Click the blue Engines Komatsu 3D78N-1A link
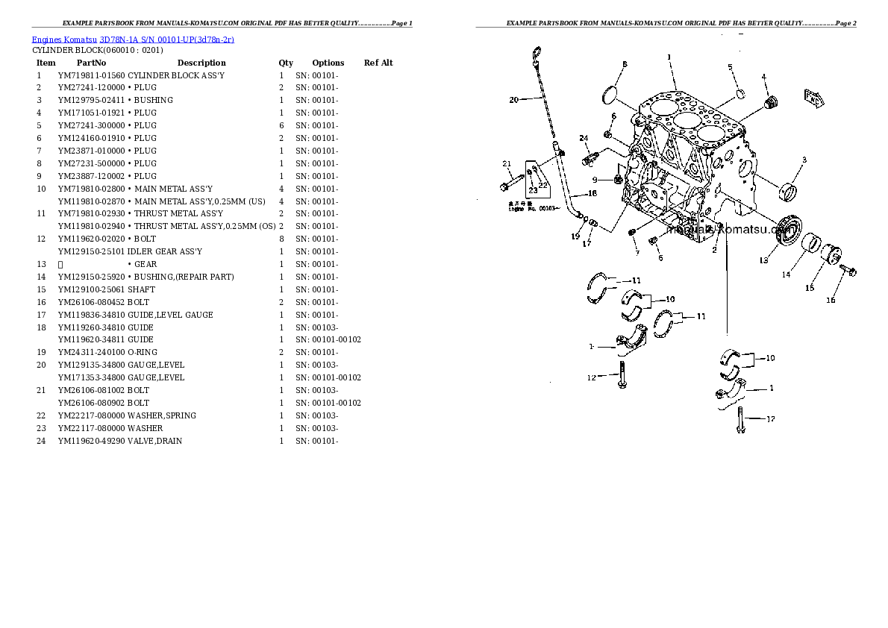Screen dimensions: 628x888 pos(133,40)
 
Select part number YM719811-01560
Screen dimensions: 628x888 pos(91,75)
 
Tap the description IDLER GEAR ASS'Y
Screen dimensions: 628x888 pos(164,251)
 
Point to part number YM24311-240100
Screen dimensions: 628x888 pos(91,352)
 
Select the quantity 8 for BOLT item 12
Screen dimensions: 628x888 pos(281,239)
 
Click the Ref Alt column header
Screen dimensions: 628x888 pos(378,63)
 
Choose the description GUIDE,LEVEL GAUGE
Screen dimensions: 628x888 pos(170,315)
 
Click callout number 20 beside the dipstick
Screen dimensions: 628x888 pos(513,100)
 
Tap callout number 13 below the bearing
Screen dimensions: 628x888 pos(763,260)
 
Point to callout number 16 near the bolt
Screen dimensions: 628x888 pos(831,300)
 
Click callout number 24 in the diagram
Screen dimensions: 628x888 pos(584,138)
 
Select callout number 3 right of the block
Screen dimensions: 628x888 pos(804,160)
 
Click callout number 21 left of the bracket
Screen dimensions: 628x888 pos(506,164)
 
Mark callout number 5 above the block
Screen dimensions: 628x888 pos(731,67)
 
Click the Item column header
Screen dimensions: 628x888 pos(46,63)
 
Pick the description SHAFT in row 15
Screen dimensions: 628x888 pos(141,289)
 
